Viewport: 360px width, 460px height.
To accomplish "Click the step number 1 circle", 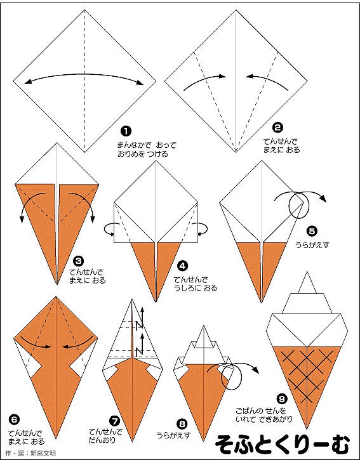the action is (126, 131).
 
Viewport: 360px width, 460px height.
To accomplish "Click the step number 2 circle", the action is (277, 128).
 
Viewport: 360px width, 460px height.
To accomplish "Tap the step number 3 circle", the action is (79, 261).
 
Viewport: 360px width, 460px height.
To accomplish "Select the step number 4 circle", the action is (182, 266).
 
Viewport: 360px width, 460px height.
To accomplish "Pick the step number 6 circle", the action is (14, 420).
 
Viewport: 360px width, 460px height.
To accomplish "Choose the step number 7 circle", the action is (114, 421).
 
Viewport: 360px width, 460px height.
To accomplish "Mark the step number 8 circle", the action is (182, 423).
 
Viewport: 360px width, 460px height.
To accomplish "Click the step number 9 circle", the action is (281, 398).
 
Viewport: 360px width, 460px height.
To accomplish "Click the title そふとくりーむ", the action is (283, 444).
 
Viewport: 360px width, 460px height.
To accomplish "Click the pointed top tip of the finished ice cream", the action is (307, 272).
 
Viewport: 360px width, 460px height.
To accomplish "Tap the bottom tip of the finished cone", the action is (307, 428).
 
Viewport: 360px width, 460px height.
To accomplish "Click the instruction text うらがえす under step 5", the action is (312, 244).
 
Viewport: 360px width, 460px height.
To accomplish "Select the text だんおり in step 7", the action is (102, 440).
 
